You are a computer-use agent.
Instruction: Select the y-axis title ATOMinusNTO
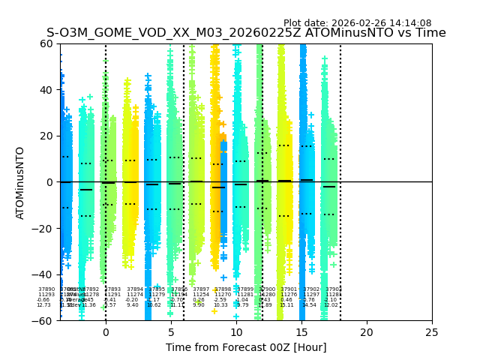tap(21, 182)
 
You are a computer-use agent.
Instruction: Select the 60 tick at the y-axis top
tap(46, 43)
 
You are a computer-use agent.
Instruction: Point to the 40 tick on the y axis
tap(46, 90)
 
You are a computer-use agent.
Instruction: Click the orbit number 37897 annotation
tap(201, 289)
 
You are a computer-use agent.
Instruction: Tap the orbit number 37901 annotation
tap(288, 289)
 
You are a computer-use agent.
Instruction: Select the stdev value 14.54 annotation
tap(309, 305)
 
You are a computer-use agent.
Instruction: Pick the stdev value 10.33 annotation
tap(220, 305)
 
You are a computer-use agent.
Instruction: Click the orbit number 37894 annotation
tap(135, 289)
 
